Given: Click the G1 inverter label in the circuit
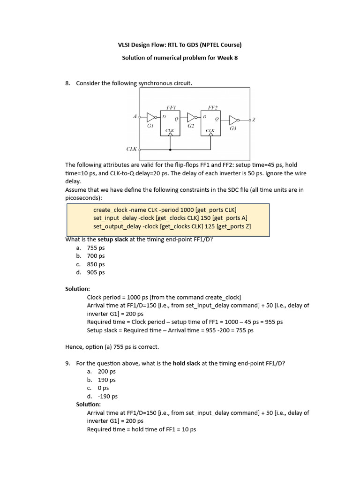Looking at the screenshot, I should coord(150,126).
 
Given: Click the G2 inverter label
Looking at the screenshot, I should coord(191,126).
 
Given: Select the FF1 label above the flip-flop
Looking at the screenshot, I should coord(171,107).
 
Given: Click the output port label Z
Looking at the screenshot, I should coord(254,120).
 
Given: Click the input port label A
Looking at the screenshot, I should coord(135,116).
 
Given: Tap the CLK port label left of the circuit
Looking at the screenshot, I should coord(132,149).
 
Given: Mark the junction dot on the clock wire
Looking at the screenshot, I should coord(170,150).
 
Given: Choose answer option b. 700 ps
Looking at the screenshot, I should coord(96,256).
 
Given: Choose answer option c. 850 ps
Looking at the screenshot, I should coord(96,264).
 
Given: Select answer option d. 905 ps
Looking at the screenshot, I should coord(96,272).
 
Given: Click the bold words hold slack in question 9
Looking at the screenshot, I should coord(187,363).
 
